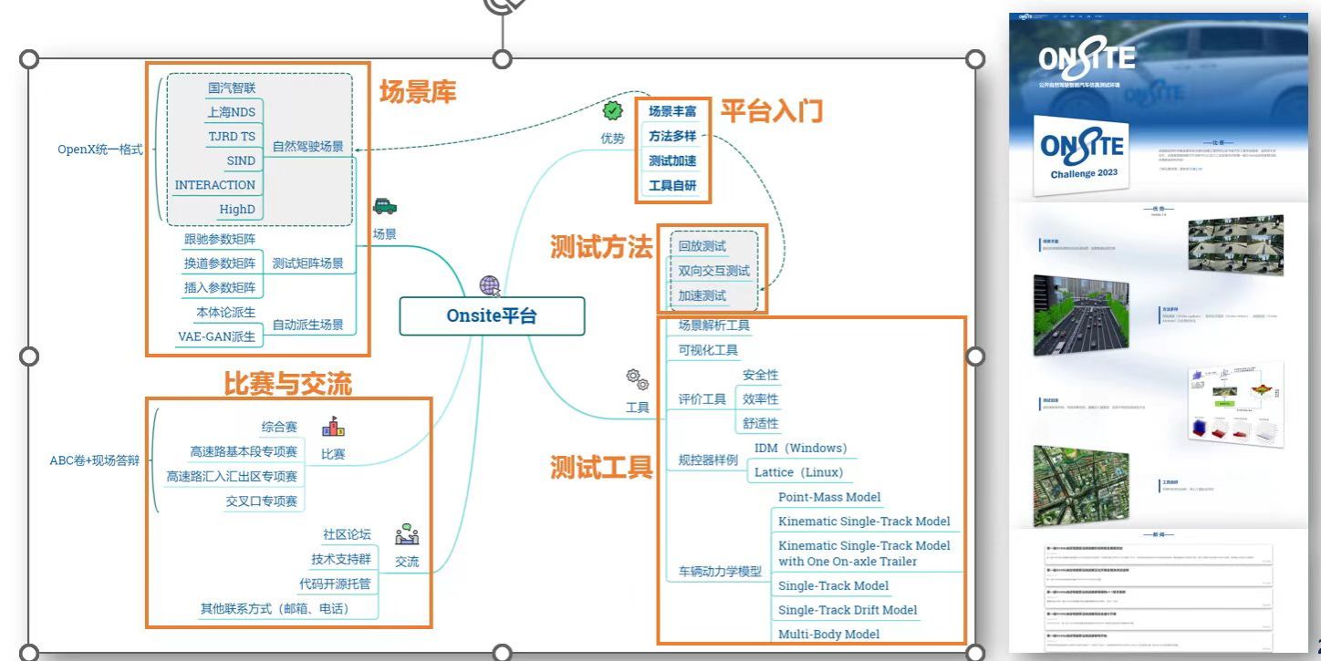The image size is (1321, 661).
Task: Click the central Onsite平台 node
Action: click(492, 316)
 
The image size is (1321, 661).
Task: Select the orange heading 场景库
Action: click(418, 92)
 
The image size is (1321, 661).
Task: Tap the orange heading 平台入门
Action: click(772, 111)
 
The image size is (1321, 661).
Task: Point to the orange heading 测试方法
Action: click(601, 247)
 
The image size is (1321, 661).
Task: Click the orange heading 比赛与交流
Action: click(287, 384)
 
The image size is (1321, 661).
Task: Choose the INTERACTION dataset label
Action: click(215, 185)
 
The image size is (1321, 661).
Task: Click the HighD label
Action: click(237, 209)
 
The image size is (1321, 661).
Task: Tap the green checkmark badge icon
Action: click(612, 110)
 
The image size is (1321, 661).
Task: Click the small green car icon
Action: click(385, 207)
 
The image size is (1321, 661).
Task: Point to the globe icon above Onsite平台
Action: click(490, 285)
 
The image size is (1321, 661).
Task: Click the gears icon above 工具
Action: click(637, 379)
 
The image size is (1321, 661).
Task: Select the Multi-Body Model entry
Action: click(828, 634)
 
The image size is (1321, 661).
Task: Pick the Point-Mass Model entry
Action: click(829, 497)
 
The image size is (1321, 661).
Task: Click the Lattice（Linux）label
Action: click(798, 472)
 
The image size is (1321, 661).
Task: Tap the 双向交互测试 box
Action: click(713, 271)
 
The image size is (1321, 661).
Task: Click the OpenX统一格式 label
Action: click(100, 149)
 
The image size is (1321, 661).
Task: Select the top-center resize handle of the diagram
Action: click(502, 59)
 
